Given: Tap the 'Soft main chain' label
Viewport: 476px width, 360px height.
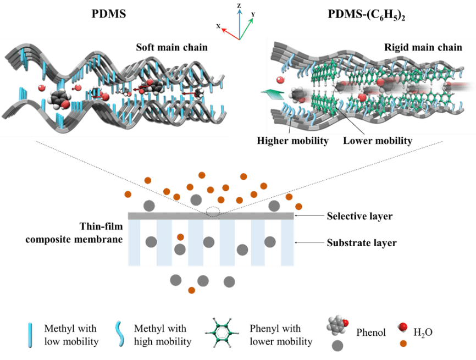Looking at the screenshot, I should (171, 47).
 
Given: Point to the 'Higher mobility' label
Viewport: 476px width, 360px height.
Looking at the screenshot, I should (292, 141).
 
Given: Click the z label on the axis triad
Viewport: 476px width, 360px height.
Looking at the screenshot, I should (239, 5).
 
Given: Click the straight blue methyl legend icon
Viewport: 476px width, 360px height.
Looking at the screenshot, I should (30, 335).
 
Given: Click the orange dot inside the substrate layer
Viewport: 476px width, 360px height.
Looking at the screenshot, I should (180, 237).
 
